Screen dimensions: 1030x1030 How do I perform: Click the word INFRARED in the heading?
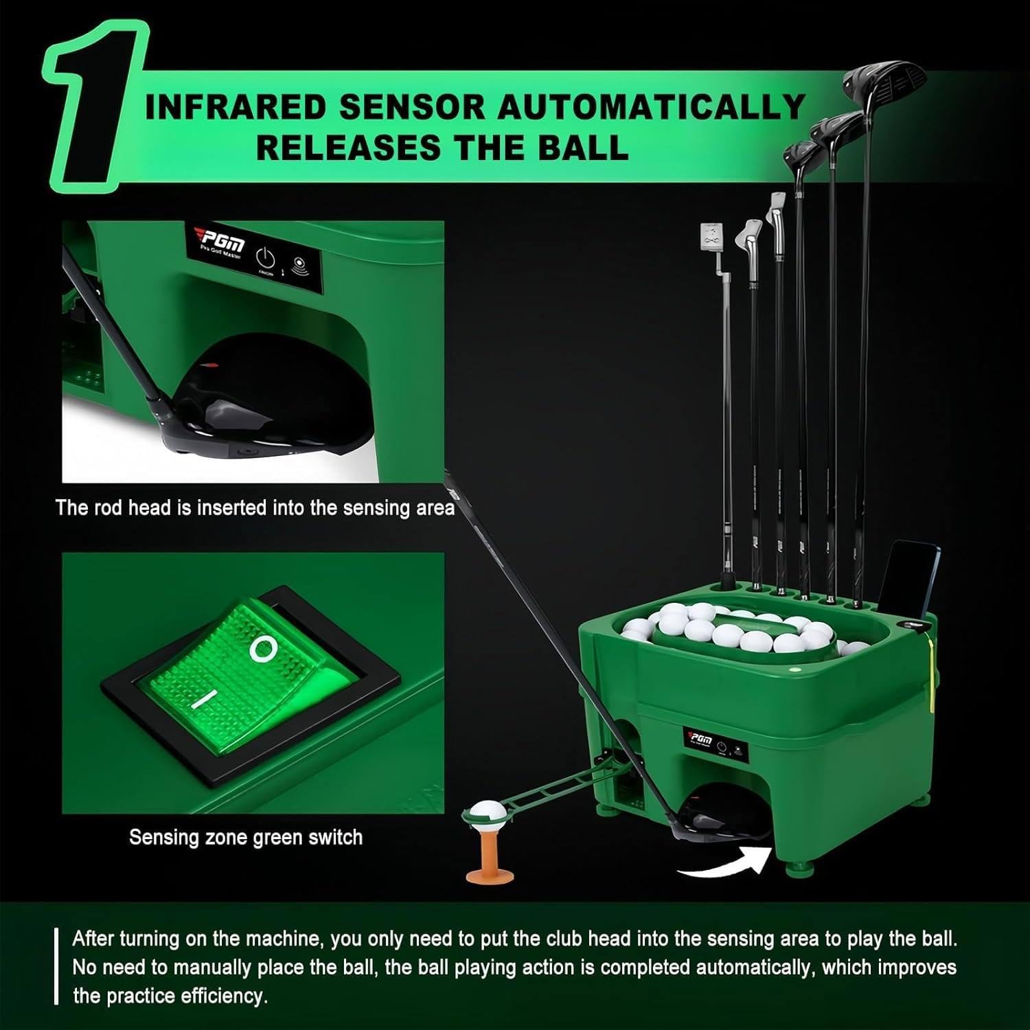236,108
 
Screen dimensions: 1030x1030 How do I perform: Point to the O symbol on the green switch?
264,648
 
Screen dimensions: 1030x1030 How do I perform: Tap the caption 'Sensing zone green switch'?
245,837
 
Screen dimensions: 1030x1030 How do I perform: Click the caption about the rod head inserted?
254,507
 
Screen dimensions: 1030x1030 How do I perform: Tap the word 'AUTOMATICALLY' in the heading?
650,108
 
